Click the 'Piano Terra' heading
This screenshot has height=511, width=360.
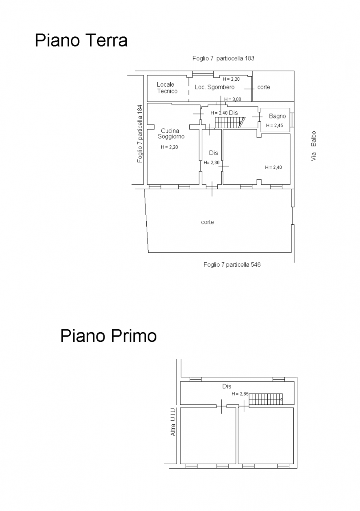[81, 40]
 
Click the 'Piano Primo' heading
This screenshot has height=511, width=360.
[108, 336]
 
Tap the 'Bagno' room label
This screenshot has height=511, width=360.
[277, 116]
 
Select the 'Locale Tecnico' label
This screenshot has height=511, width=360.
[167, 88]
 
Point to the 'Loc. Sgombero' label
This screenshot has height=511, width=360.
[214, 87]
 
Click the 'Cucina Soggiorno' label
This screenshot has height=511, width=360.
[171, 134]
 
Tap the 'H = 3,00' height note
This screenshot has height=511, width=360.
[233, 99]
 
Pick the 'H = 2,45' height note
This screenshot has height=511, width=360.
[274, 125]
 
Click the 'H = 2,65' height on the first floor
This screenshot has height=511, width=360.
[240, 394]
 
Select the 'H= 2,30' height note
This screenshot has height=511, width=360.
[211, 162]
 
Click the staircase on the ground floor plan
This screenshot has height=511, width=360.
[230, 123]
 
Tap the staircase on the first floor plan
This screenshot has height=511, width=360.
[266, 399]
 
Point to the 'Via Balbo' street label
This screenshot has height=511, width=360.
[314, 146]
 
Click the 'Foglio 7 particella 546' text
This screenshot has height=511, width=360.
[232, 265]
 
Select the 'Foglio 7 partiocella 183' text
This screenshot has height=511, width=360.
[223, 58]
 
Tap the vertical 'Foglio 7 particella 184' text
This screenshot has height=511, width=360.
[140, 134]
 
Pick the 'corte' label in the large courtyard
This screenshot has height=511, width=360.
[207, 222]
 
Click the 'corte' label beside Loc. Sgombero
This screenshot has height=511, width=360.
[264, 87]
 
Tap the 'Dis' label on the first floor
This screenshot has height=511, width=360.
[227, 386]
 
